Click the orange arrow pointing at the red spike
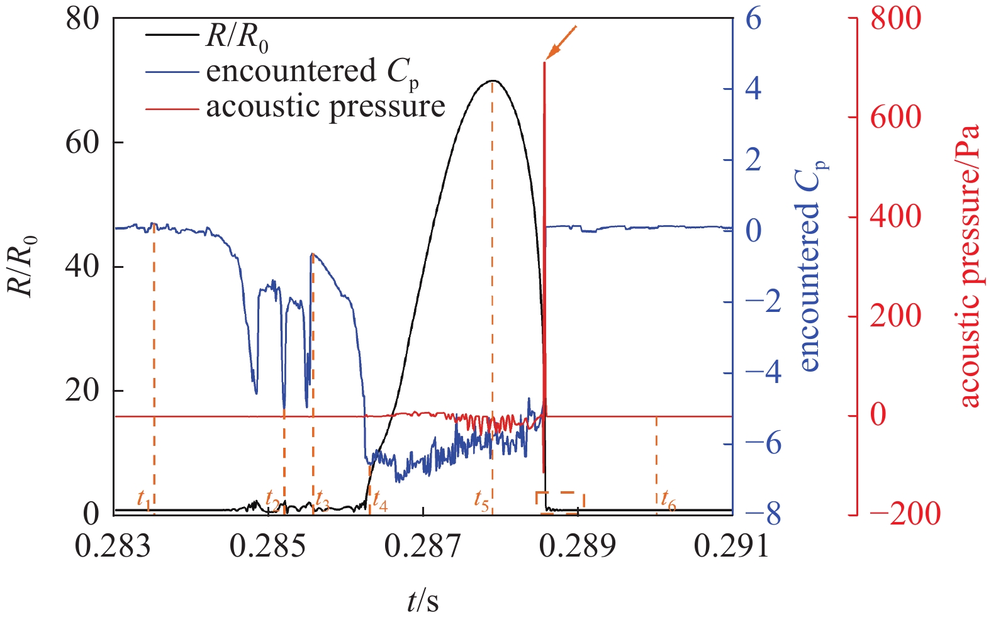click(561, 42)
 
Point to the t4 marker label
click(379, 501)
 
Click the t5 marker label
click(481, 501)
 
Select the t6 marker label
click(668, 502)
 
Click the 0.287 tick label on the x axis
click(423, 546)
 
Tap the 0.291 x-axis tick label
click(732, 546)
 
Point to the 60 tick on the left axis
click(82, 142)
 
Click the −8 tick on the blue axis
click(763, 514)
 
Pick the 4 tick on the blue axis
click(754, 88)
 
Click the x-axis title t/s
click(422, 601)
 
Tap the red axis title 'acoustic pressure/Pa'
click(970, 265)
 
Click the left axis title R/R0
click(22, 265)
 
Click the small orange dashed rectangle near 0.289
click(560, 502)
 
